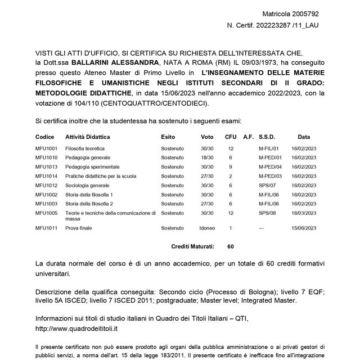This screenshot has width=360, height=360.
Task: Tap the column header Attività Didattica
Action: coord(88,137)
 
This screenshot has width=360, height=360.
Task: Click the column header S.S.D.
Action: coord(268,137)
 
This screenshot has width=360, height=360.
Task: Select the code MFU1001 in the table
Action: coord(46,148)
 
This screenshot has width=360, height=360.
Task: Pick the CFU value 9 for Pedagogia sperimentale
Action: coord(231,167)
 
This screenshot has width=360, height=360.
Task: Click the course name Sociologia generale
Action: coord(87,185)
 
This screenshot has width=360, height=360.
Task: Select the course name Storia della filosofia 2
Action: coord(89,204)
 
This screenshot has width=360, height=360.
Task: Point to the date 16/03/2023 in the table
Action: coord(304,213)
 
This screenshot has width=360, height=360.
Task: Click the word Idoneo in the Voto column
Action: coord(207,228)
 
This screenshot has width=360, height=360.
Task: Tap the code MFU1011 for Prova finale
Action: coord(46,228)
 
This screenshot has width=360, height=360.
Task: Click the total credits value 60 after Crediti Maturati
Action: coord(231,246)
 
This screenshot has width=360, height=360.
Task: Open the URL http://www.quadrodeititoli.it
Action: coord(76,327)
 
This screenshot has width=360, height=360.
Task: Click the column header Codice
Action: coord(44,137)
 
